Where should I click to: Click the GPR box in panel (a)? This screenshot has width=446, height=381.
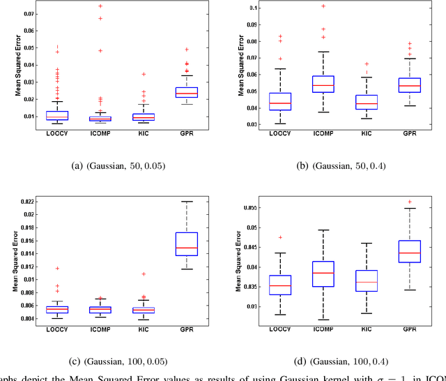coord(186,92)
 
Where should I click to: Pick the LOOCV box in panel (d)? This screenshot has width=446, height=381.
coord(279,285)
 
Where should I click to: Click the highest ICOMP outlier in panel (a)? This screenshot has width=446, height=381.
coord(100,6)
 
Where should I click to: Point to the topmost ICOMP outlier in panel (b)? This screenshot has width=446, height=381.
coord(323,6)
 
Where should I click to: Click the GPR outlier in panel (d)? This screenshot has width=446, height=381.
coord(410,202)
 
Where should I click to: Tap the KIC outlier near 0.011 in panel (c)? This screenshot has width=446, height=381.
coord(144,274)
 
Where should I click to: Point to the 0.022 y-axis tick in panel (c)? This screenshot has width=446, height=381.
coord(22,202)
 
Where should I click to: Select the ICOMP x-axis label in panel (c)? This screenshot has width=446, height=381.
coord(100,327)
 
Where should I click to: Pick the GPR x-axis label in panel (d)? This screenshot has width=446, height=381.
coord(410,327)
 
